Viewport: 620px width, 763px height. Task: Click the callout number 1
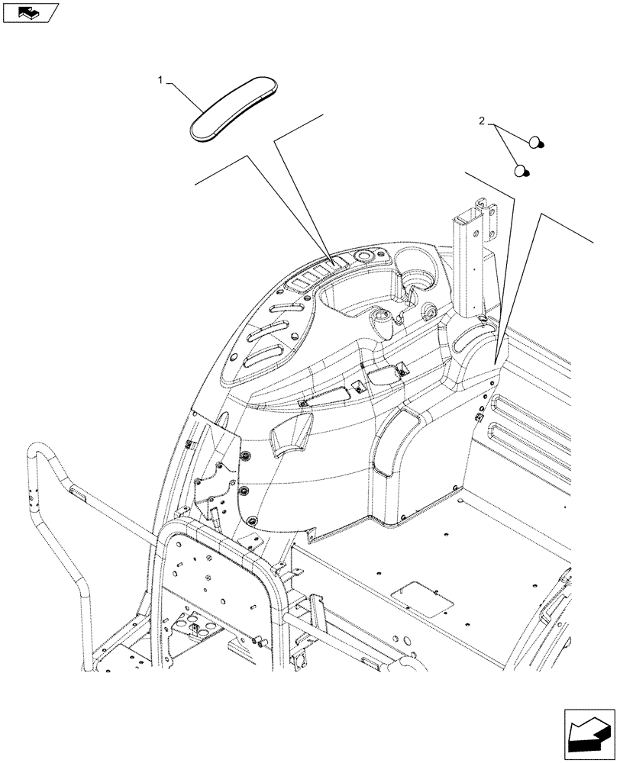160,79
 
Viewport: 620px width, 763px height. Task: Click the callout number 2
482,121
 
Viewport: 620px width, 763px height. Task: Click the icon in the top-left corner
31,12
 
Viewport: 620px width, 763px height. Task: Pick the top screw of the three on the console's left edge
246,456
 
